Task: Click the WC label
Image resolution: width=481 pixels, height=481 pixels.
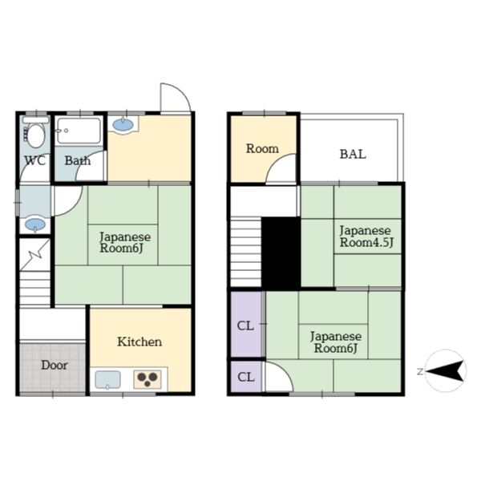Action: (x=35, y=160)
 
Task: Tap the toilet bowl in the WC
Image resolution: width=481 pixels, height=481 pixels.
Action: (x=35, y=135)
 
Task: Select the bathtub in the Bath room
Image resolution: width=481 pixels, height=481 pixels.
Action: (x=79, y=131)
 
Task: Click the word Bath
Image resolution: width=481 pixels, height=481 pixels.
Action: (x=78, y=160)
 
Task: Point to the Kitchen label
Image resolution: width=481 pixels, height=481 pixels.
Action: (x=139, y=342)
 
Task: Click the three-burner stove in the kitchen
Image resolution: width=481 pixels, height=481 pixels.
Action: (x=148, y=379)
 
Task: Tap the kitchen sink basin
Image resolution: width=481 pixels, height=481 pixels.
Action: (x=107, y=380)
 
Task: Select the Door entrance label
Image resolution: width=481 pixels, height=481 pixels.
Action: (x=55, y=365)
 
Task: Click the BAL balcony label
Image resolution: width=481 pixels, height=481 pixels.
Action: (x=353, y=154)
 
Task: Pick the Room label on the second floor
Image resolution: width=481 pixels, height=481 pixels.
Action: (x=262, y=149)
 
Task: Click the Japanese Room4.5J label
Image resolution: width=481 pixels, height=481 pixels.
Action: (x=366, y=236)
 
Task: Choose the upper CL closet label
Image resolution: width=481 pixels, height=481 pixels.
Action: (x=245, y=325)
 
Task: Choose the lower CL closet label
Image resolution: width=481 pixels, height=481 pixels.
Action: (x=246, y=377)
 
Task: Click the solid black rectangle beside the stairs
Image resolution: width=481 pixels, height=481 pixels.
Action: (x=281, y=253)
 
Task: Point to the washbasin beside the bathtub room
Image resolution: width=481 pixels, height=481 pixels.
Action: (x=123, y=125)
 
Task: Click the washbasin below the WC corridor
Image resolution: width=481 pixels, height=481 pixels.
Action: (x=35, y=224)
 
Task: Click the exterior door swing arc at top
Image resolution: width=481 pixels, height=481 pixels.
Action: (x=176, y=96)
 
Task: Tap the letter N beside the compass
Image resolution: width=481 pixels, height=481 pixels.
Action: (x=420, y=372)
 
